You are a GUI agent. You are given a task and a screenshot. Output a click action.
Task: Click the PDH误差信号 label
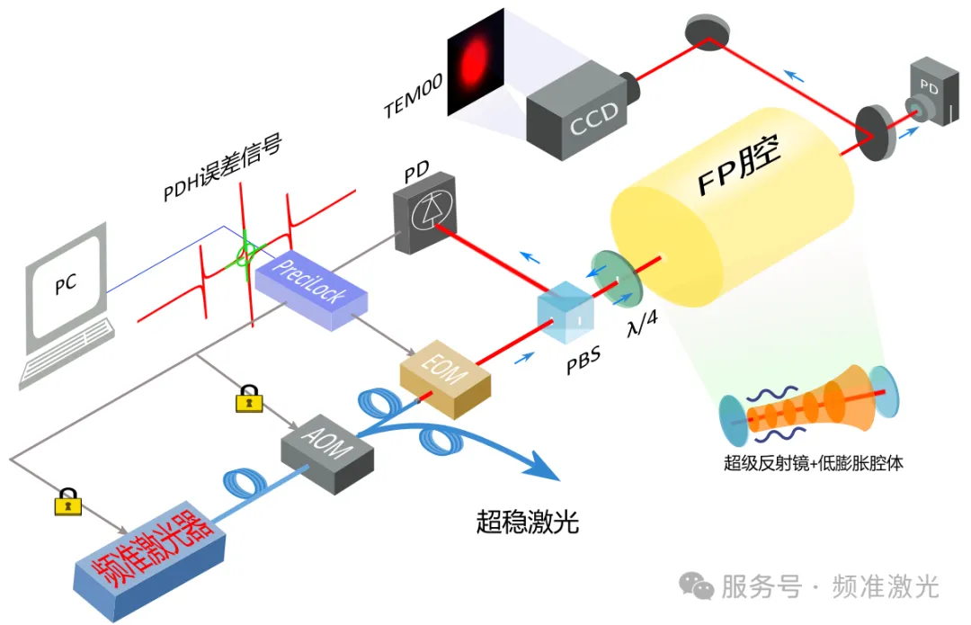[x=221, y=167]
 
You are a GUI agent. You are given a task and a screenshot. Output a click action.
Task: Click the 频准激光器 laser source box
[x=148, y=554]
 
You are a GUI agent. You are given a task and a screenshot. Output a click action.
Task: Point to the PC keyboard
[x=72, y=360]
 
